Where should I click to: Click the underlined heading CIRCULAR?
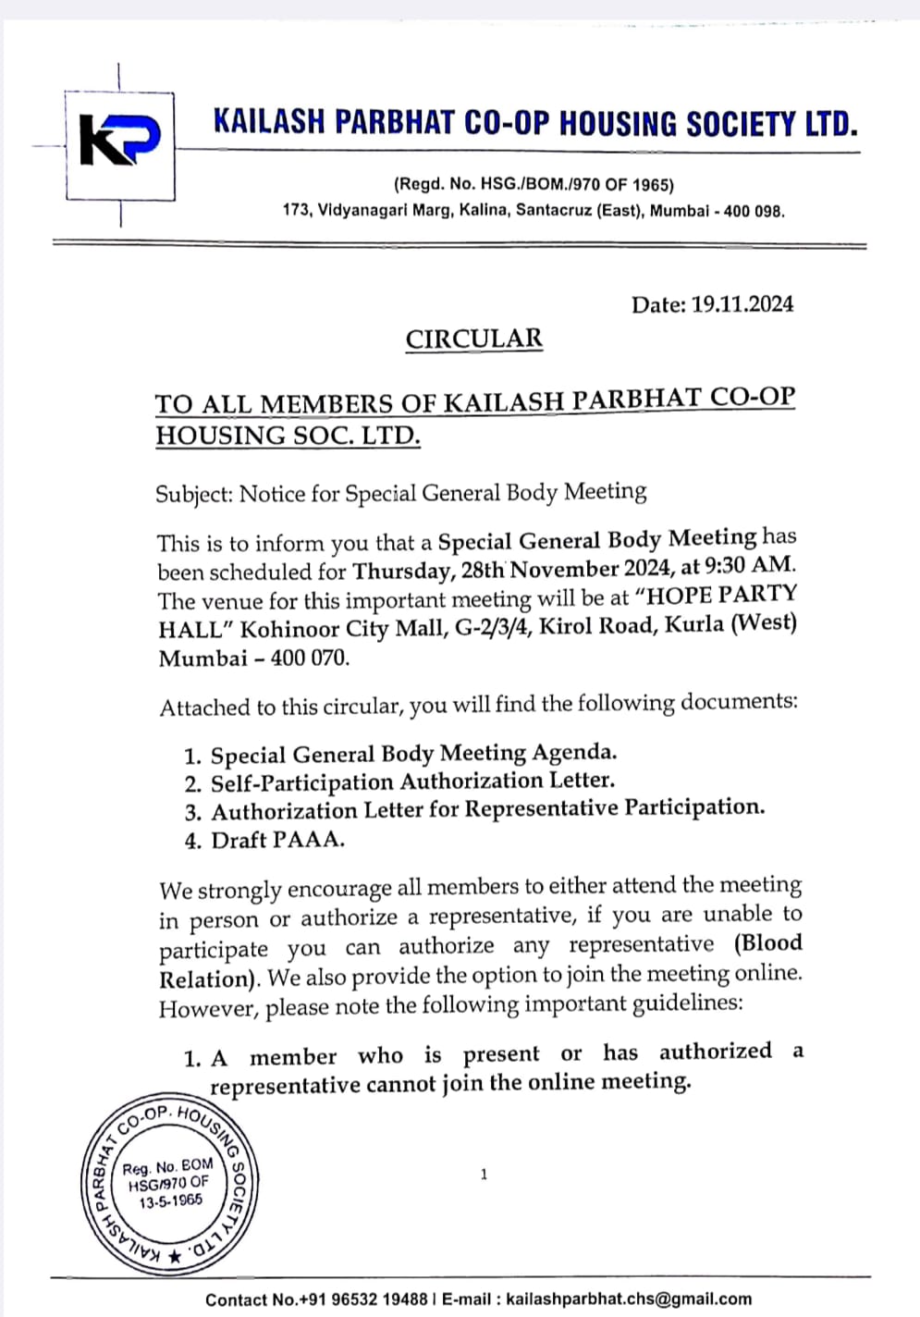click(x=473, y=338)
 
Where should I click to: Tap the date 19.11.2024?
click(x=742, y=304)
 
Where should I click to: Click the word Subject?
click(x=192, y=494)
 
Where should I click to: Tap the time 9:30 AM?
click(x=745, y=565)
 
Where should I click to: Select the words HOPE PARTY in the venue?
click(x=720, y=595)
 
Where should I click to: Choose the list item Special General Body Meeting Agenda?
click(x=413, y=754)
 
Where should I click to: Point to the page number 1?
click(x=484, y=1175)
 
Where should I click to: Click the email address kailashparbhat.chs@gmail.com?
click(x=629, y=1299)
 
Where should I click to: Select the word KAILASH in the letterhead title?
click(x=269, y=122)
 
